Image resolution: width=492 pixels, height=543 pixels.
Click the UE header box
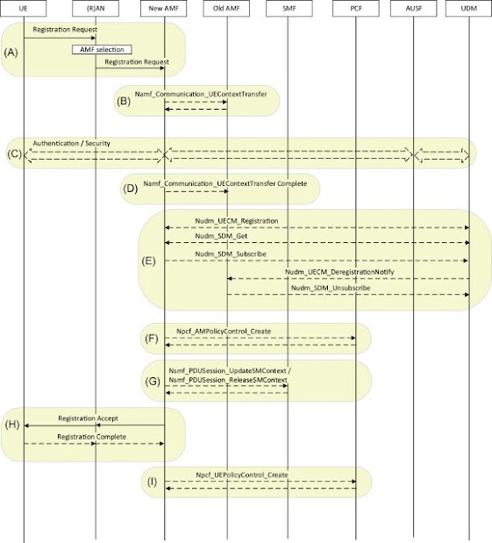[23, 8]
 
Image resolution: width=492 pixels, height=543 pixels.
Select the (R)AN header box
[96, 8]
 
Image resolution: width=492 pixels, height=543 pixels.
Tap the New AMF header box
[164, 8]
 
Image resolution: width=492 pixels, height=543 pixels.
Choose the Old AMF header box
[226, 8]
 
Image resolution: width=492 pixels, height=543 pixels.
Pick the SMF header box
[289, 8]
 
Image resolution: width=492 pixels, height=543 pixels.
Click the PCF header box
[356, 8]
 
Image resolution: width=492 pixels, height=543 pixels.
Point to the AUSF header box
[413, 8]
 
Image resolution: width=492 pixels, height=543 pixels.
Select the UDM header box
[469, 8]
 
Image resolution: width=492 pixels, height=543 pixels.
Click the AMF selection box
[102, 49]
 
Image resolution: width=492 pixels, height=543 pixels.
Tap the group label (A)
[11, 53]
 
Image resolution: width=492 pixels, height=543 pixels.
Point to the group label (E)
[148, 261]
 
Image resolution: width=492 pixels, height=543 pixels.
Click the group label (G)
[153, 382]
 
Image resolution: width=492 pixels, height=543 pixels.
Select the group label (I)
[152, 482]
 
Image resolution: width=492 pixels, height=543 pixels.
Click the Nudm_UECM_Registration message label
[237, 221]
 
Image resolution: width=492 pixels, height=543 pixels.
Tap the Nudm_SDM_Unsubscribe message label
[331, 288]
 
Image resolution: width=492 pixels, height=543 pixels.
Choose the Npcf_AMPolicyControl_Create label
[224, 332]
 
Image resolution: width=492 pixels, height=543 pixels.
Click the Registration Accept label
[88, 418]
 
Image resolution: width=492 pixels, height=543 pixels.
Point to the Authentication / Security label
[72, 143]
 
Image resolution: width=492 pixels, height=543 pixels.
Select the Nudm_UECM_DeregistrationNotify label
[339, 272]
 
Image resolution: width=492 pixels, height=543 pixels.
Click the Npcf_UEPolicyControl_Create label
[242, 475]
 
